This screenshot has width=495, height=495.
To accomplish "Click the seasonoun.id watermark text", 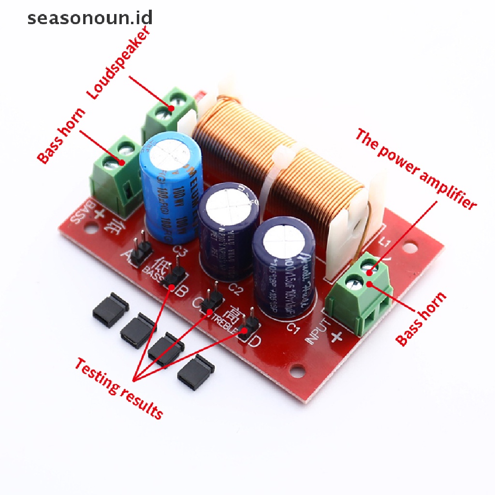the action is coord(90,18).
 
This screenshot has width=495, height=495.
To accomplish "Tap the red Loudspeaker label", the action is coord(119,62).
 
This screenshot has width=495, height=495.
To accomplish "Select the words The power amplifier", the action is coord(416,169).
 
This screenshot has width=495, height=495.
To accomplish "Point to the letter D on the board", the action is coord(255,341).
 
